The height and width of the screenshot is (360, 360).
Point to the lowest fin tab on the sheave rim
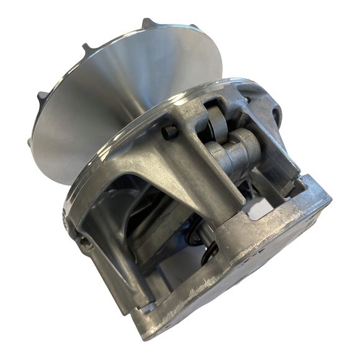(31, 142)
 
